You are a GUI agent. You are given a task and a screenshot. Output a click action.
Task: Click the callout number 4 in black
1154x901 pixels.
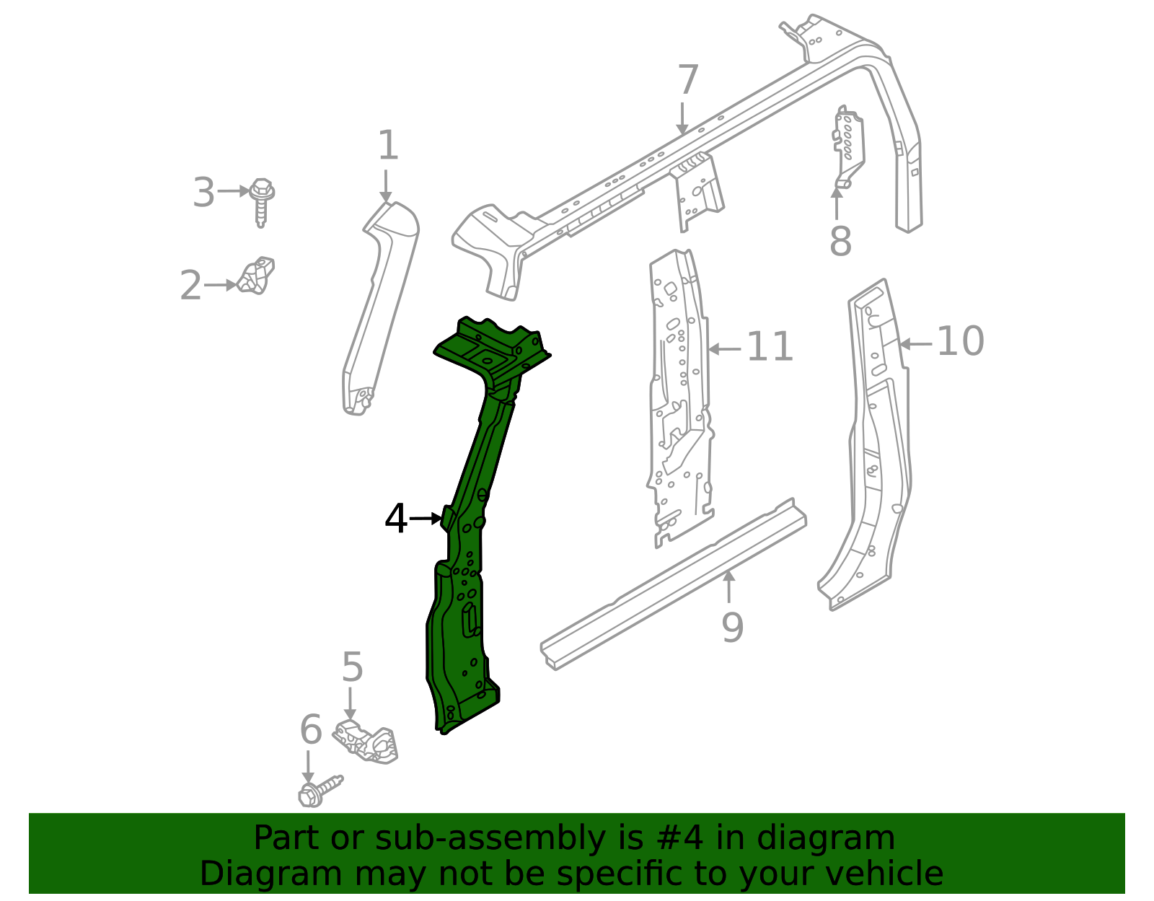(396, 519)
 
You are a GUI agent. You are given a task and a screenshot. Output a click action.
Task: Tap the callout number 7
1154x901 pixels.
(688, 80)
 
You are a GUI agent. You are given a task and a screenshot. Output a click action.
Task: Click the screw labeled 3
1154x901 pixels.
(261, 200)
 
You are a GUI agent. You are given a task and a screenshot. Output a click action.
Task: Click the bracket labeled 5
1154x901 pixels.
(368, 741)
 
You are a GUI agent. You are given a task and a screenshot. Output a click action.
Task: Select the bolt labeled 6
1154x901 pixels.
(318, 790)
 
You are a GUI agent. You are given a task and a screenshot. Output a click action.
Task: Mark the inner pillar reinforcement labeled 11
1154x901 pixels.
(680, 397)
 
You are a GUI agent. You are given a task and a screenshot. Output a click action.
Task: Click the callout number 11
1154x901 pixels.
(770, 347)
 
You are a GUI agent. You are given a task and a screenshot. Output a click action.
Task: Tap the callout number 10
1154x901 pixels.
(960, 341)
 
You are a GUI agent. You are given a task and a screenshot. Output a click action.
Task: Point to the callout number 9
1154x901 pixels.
(732, 627)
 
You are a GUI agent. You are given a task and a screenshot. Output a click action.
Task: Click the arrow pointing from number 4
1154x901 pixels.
(426, 518)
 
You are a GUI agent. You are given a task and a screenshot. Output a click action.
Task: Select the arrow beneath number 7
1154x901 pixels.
(682, 118)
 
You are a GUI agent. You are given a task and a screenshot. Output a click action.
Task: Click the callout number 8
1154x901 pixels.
(840, 241)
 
